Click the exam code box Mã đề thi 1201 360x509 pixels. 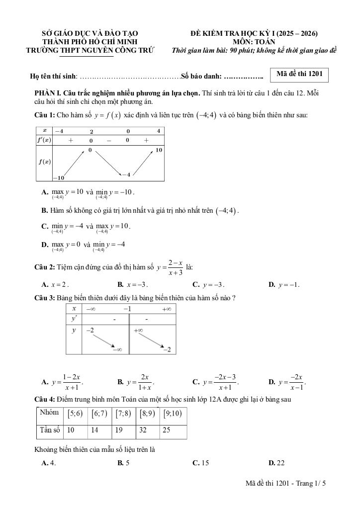click(299, 75)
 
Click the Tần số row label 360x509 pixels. click(50, 430)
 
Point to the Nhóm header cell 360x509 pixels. click(49, 413)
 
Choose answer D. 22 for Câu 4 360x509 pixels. click(276, 463)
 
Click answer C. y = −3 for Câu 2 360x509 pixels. click(208, 285)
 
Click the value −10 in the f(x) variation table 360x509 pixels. click(59, 177)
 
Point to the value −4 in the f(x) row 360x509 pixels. click(126, 174)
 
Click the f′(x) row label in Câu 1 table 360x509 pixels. click(44, 140)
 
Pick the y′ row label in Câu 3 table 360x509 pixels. click(74, 319)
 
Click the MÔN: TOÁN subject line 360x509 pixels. click(254, 42)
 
